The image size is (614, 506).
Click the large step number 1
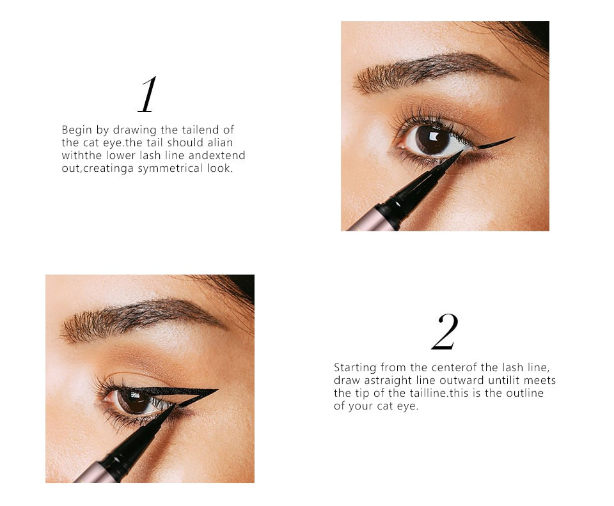point(147,95)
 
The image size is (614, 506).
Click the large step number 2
point(445,332)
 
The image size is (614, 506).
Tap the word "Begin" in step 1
point(77,130)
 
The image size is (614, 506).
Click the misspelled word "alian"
point(220,143)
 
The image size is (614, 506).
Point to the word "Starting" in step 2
point(355,367)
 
